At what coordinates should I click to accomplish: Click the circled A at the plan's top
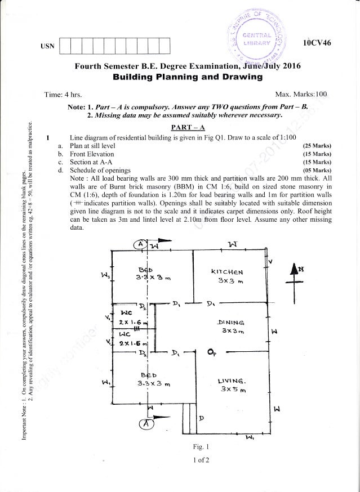tap(139, 244)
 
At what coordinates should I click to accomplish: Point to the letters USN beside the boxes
tap(47, 43)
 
